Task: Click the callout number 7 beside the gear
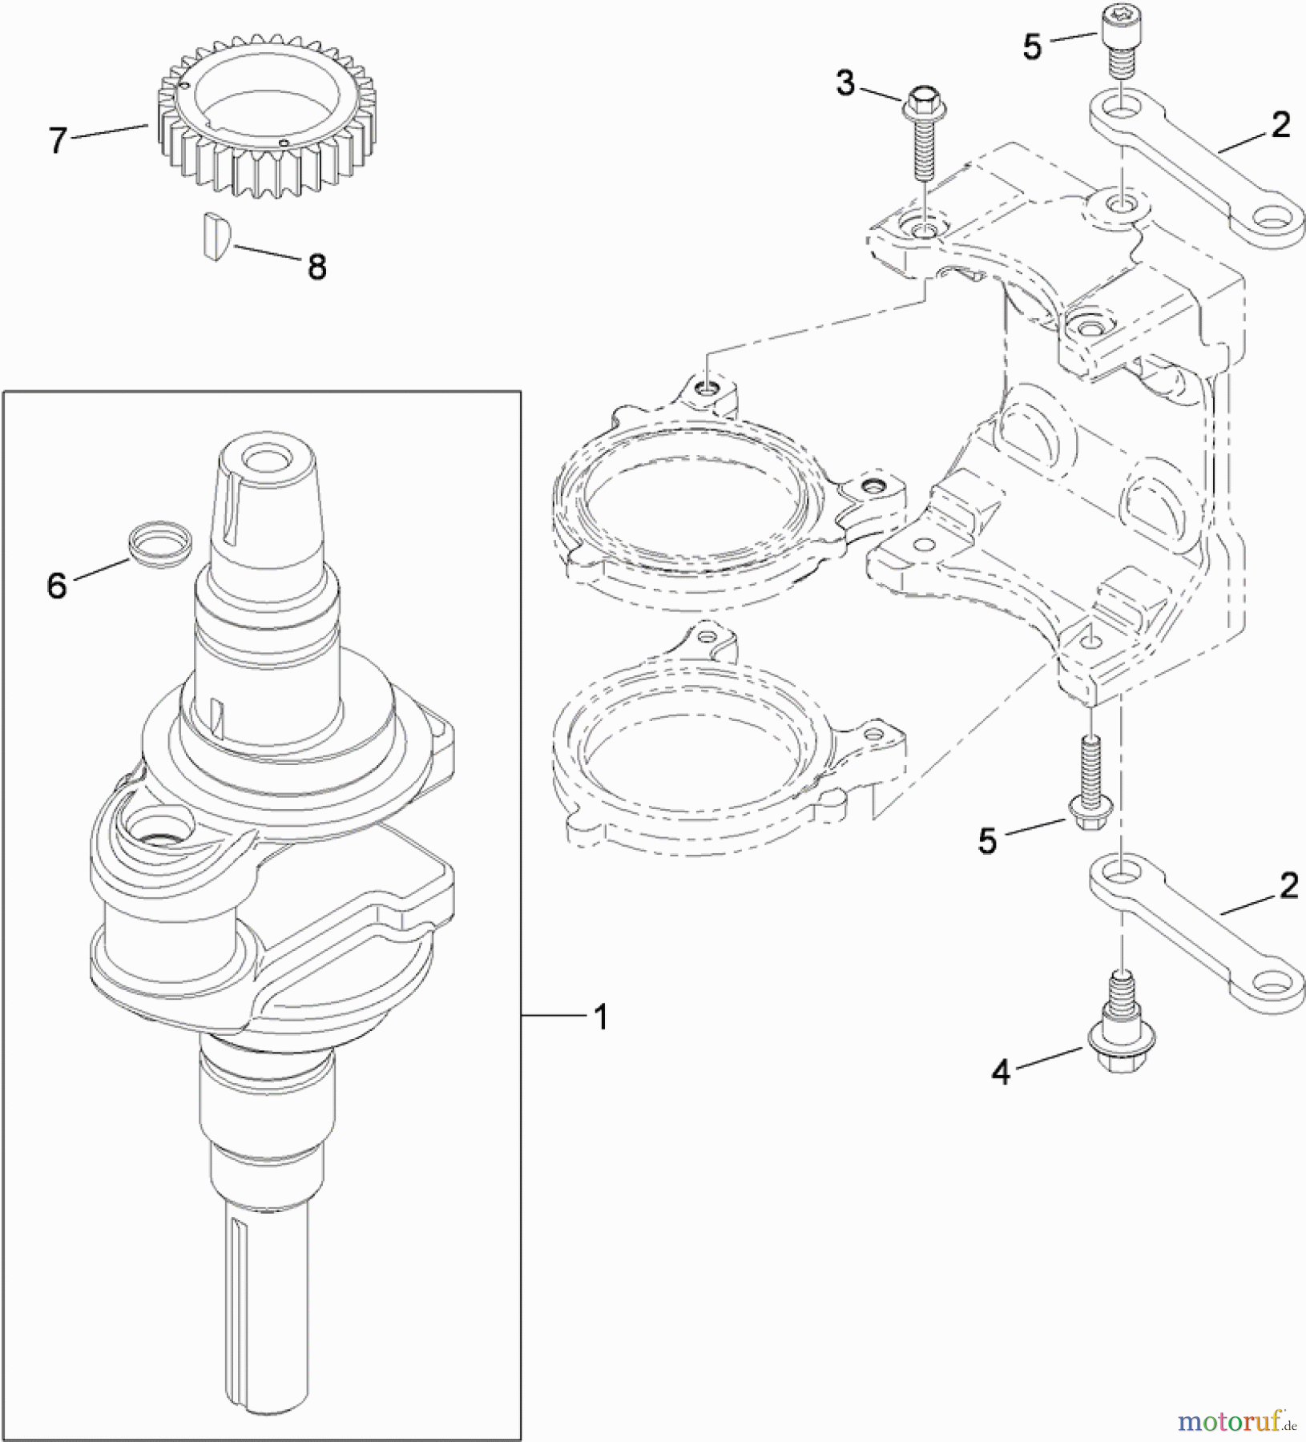pos(58,141)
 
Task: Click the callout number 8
pos(317,267)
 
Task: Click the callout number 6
pos(57,586)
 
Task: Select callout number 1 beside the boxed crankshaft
pos(600,1017)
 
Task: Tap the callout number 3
pos(845,83)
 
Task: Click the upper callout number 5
pos(1032,47)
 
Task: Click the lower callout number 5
pos(987,841)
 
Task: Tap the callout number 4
pos(1002,1073)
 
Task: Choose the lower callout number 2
pos(1288,886)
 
